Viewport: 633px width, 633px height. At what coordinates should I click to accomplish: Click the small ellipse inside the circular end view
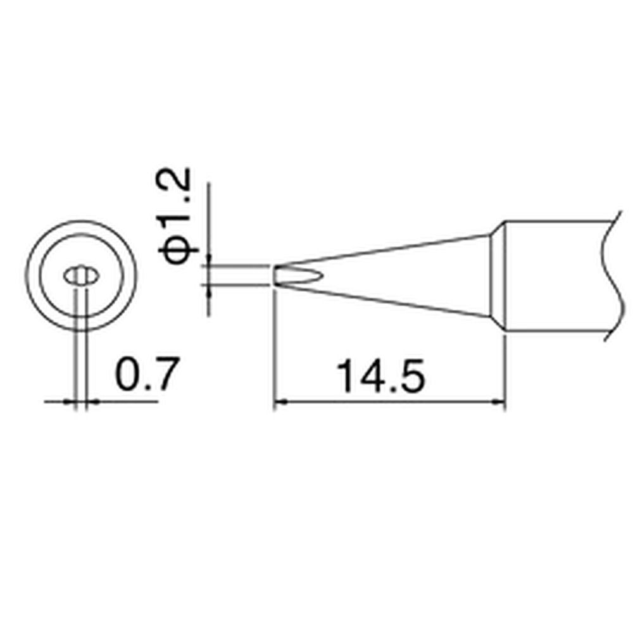[x=80, y=276]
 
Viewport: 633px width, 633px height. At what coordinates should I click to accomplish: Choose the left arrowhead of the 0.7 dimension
[x=70, y=401]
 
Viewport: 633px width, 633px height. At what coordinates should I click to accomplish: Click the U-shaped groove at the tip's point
[x=298, y=275]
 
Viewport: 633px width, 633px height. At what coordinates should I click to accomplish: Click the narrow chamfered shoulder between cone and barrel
[x=498, y=275]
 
